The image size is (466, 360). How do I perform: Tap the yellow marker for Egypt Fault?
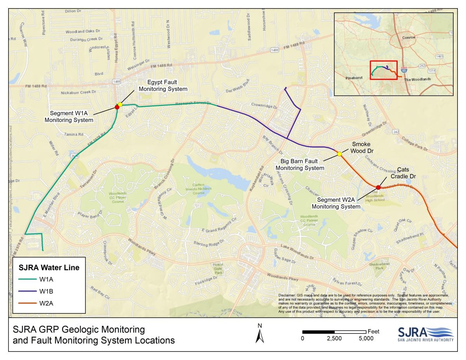pyautogui.click(x=120, y=104)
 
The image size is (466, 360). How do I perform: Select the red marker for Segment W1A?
pyautogui.click(x=117, y=107)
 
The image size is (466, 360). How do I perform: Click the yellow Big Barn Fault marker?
pyautogui.click(x=339, y=154)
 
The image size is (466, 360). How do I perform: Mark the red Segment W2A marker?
pyautogui.click(x=378, y=188)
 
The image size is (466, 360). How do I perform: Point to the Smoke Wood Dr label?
pyautogui.click(x=361, y=148)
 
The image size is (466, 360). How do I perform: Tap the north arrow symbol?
pyautogui.click(x=260, y=334)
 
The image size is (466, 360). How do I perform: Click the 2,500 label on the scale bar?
pyautogui.click(x=334, y=339)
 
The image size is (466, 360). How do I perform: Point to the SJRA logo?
pyautogui.click(x=426, y=334)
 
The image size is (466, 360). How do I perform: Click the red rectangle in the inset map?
pyautogui.click(x=384, y=70)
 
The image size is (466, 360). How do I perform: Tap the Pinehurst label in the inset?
pyautogui.click(x=354, y=78)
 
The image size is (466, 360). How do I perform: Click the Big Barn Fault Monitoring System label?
pyautogui.click(x=300, y=165)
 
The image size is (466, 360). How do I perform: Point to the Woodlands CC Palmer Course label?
pyautogui.click(x=309, y=220)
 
